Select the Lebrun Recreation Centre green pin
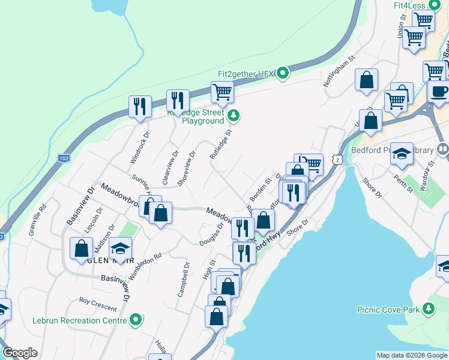point(137,320)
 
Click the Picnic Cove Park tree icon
point(428,309)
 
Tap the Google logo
point(20,353)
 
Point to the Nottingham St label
point(339,73)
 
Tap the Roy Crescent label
point(98,304)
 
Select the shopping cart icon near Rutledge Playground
point(222,92)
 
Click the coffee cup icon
point(439,91)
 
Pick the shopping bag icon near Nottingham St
point(366,80)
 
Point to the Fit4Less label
point(409,5)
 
